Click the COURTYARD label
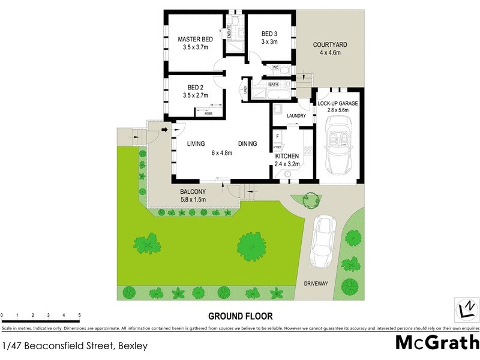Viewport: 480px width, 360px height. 330,45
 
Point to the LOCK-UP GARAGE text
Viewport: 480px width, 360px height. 338,104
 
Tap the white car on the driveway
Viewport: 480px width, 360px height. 322,241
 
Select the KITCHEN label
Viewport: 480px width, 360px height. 287,156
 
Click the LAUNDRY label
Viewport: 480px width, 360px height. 296,116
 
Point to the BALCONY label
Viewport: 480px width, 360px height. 193,192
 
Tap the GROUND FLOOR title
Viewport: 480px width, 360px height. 241,316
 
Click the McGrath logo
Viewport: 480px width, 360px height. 437,343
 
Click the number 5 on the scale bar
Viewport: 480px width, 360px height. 79,315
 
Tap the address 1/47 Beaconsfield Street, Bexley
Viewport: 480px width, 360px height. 75,346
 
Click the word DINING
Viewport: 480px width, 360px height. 247,143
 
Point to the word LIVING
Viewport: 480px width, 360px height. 196,143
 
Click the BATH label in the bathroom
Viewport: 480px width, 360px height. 274,85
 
